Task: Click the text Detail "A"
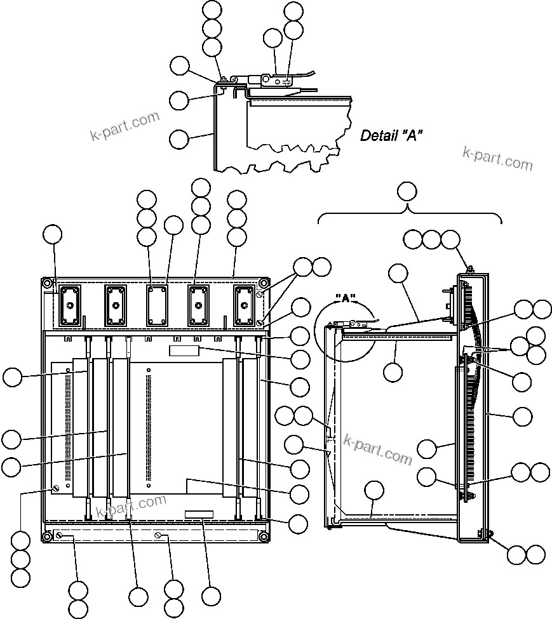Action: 391,135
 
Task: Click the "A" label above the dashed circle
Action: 348,298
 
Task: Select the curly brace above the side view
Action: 410,215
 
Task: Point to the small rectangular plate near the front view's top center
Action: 184,350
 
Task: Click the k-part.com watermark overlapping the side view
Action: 378,449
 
